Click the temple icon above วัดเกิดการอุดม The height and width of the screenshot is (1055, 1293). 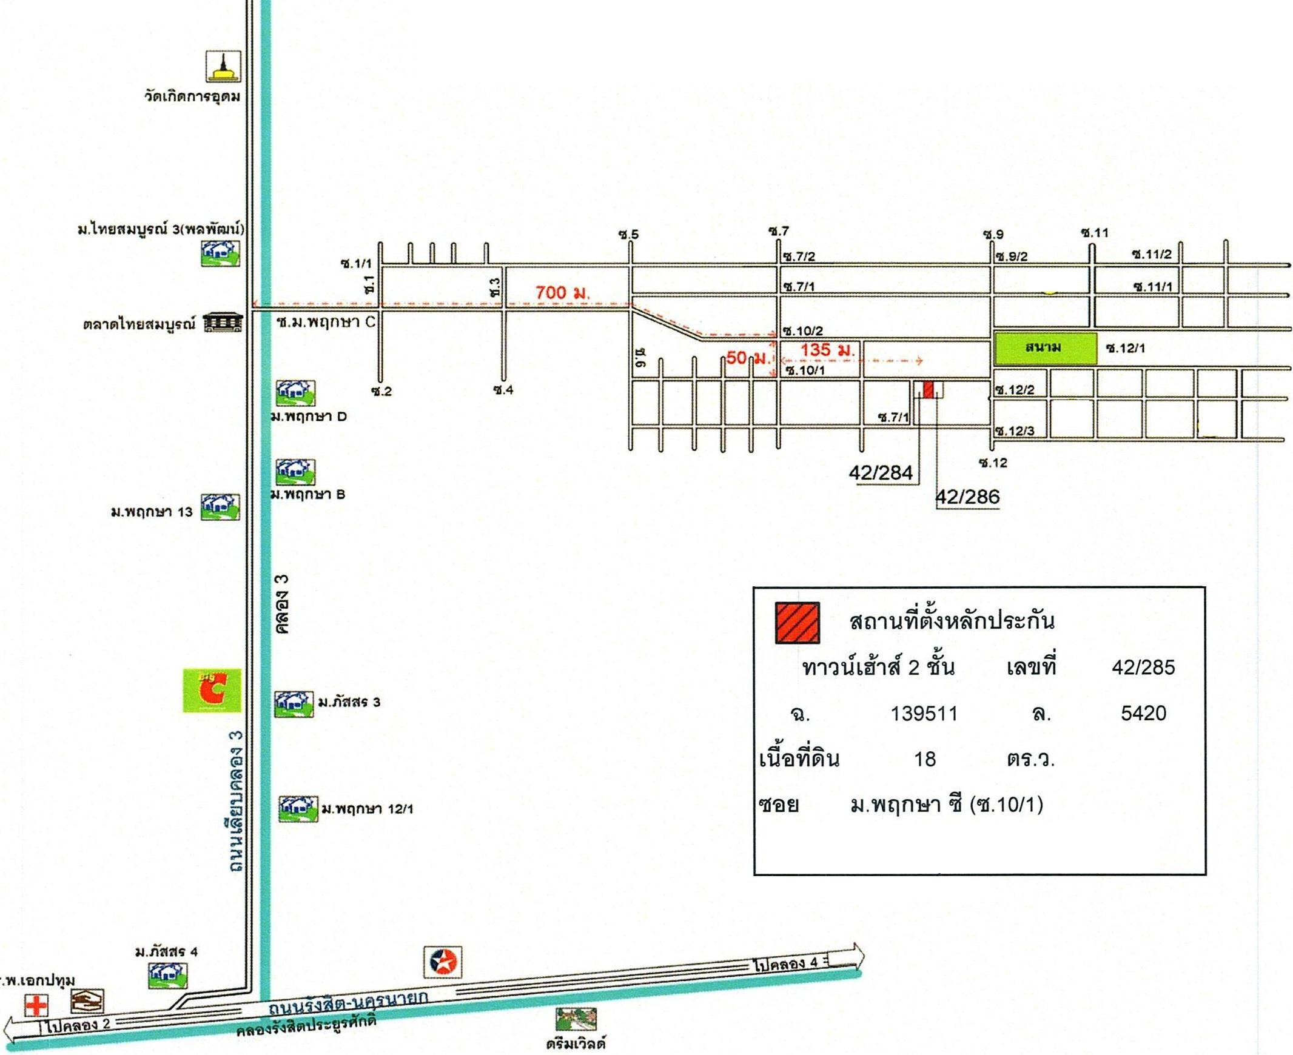[223, 66]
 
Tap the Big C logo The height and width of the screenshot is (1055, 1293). [212, 691]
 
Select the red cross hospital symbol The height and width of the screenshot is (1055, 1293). [36, 1005]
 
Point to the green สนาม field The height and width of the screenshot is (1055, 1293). [1045, 348]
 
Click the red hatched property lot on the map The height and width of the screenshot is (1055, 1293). [929, 389]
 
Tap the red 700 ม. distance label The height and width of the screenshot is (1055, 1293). [563, 293]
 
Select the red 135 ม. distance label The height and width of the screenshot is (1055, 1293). [828, 350]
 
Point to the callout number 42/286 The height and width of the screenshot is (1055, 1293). [968, 497]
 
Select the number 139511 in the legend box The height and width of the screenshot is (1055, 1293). [924, 714]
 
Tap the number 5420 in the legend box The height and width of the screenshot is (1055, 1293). [1143, 713]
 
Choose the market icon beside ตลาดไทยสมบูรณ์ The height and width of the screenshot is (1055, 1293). [223, 323]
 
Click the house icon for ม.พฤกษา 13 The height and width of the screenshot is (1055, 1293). [220, 507]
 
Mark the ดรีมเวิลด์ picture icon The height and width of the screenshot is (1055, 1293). [576, 1019]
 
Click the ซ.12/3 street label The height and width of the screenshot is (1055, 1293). [1015, 431]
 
